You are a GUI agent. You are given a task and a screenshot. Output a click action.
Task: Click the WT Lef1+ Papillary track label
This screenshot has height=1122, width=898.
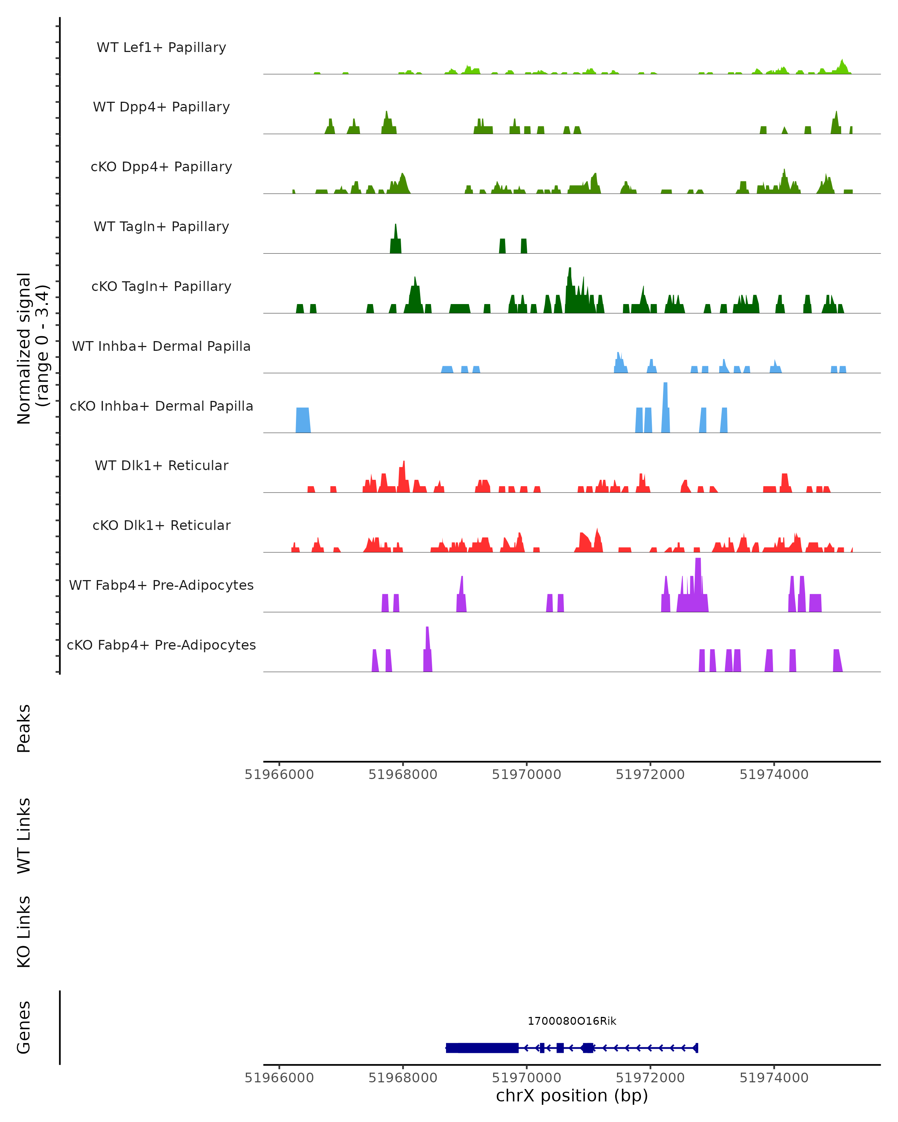[161, 47]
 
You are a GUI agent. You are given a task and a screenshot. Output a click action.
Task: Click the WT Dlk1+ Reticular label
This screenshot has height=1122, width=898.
[161, 465]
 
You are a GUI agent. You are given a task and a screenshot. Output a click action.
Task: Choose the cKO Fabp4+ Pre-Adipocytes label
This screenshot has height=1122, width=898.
[161, 645]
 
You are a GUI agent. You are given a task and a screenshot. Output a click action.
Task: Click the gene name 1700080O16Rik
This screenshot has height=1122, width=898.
[572, 1021]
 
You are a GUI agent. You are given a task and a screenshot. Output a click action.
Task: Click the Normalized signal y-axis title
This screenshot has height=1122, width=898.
[32, 348]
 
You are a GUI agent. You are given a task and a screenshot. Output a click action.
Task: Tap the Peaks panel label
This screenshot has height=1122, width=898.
[24, 729]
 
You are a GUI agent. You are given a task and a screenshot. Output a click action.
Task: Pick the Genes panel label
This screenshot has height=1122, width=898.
[24, 1027]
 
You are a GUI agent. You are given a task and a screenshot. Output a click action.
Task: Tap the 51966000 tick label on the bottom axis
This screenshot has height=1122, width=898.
[279, 1078]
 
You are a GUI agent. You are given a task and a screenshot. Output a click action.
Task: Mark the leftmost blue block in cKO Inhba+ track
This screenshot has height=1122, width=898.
[303, 420]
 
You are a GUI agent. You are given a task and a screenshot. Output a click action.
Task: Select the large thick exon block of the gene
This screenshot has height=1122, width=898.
[482, 1048]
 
